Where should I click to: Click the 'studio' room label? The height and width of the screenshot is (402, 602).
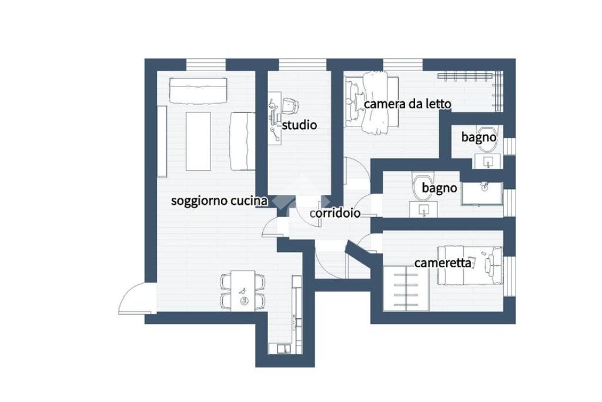click(x=299, y=125)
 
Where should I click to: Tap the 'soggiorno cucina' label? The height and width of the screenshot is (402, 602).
click(x=219, y=201)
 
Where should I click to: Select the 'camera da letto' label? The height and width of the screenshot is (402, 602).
click(x=407, y=104)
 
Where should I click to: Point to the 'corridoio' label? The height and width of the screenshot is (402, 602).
click(x=335, y=213)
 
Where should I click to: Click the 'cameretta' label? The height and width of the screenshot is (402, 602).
click(x=443, y=263)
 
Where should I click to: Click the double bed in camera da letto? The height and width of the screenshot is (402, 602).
click(x=372, y=101)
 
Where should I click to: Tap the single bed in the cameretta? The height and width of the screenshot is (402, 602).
click(x=470, y=265)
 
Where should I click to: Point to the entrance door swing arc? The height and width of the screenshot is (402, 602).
click(x=132, y=294)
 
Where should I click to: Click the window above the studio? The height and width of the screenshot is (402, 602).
click(x=303, y=65)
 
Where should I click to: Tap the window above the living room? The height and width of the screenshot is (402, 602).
click(x=206, y=65)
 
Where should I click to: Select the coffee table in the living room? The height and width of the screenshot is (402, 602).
click(x=198, y=141)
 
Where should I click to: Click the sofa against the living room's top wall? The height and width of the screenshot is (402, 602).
click(x=198, y=91)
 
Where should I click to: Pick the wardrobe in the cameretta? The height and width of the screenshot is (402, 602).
click(x=406, y=288)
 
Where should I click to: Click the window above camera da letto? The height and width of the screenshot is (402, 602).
click(x=403, y=65)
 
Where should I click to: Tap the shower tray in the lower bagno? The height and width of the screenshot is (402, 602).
click(x=482, y=193)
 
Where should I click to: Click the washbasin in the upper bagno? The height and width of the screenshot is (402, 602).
click(x=487, y=161)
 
